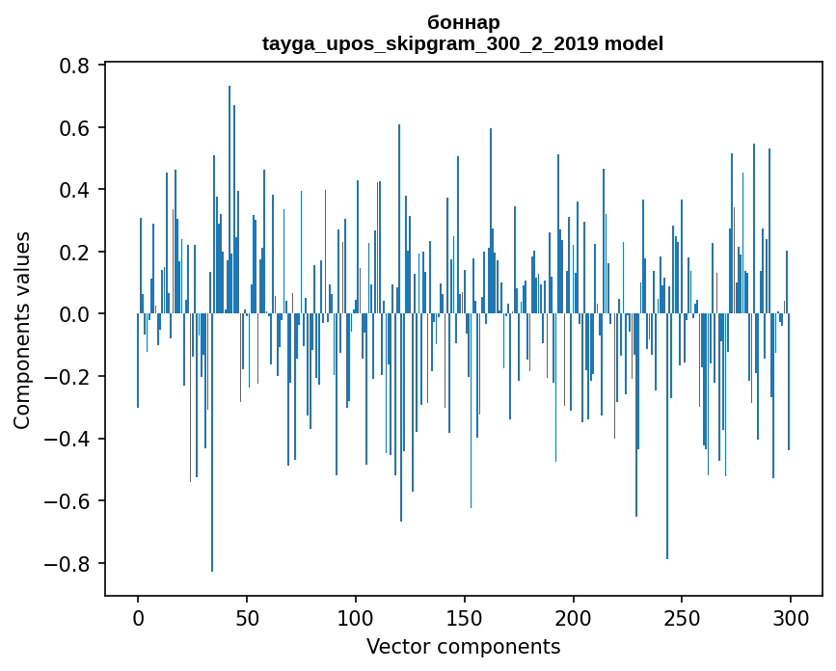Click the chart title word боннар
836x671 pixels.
click(x=463, y=22)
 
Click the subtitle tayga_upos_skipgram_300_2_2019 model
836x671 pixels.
click(x=463, y=43)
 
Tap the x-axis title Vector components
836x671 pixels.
click(x=463, y=646)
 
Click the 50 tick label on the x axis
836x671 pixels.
click(x=247, y=617)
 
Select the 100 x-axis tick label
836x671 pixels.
click(x=356, y=617)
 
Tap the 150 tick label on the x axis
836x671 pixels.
click(x=465, y=617)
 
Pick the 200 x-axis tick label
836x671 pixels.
click(x=574, y=617)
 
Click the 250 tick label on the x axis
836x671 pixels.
click(x=682, y=617)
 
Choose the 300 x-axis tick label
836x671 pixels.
click(x=791, y=617)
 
